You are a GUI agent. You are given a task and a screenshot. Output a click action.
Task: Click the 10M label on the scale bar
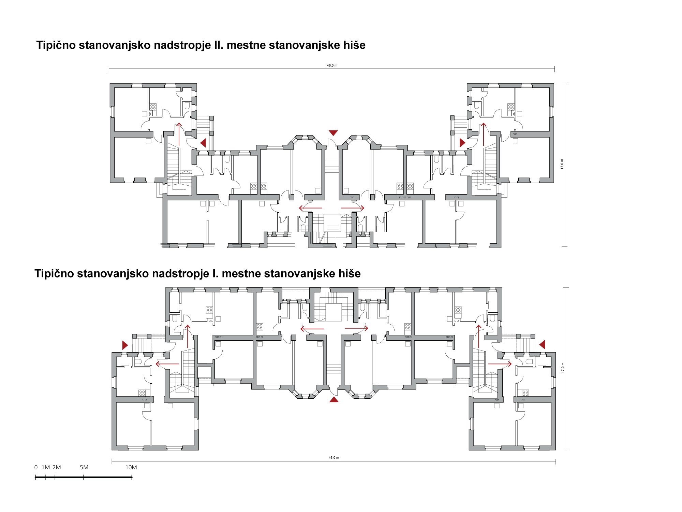[x=131, y=467]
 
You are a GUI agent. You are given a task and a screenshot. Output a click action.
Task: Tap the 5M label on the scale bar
[x=84, y=467]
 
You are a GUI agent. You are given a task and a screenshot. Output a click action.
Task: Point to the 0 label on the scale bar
[x=36, y=467]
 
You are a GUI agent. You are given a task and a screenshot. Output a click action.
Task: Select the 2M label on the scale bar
[x=57, y=467]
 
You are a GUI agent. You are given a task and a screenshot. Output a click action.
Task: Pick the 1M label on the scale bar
[x=46, y=467]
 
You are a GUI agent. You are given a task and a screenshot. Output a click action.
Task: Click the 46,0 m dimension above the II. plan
[x=332, y=66]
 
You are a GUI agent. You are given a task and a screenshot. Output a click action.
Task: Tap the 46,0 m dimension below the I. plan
[x=334, y=458]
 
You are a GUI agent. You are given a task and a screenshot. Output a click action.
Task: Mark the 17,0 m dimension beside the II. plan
[x=562, y=164]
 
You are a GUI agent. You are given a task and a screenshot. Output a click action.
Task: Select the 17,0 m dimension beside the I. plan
[x=563, y=368]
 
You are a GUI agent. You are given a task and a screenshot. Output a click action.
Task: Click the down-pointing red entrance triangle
[x=333, y=133]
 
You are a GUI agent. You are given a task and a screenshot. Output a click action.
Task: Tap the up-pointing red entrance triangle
[x=334, y=399]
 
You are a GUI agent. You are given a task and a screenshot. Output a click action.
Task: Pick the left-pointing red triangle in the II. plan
[x=203, y=143]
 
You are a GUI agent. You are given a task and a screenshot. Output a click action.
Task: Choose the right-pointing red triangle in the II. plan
[x=462, y=143]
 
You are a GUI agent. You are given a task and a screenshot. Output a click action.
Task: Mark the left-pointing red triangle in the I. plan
[x=543, y=344]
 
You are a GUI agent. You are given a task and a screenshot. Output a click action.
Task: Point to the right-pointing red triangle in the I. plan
[x=125, y=345]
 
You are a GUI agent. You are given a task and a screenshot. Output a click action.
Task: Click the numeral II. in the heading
[x=218, y=45]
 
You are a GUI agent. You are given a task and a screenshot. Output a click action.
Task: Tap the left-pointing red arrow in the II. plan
[x=311, y=208]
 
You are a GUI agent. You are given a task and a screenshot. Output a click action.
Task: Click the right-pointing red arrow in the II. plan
[x=353, y=208]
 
